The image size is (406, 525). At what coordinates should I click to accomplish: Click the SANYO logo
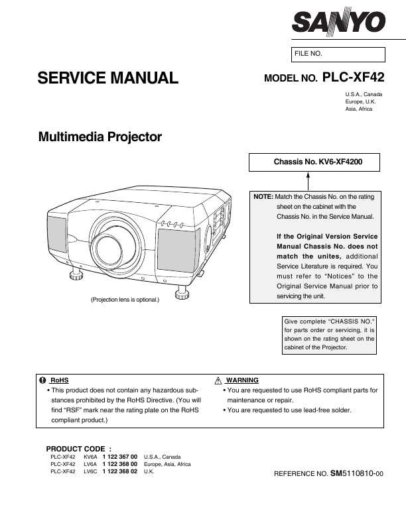338,21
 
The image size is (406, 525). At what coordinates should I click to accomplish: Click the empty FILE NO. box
338,54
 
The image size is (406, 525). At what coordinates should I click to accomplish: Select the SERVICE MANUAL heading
107,78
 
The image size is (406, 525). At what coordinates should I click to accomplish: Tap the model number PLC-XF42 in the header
353,77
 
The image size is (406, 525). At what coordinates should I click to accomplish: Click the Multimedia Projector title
100,137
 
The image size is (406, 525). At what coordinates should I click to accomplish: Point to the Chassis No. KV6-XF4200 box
314,162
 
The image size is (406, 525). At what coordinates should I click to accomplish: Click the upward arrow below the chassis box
308,181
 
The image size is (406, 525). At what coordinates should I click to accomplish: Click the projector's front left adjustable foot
76,274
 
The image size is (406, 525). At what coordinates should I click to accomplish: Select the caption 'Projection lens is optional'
125,300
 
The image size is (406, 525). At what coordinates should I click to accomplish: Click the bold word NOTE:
263,197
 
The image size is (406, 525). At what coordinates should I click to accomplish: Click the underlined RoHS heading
59,380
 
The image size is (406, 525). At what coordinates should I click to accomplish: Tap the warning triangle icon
218,380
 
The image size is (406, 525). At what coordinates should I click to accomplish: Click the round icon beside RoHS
42,380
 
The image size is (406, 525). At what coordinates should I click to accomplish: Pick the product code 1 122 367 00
120,457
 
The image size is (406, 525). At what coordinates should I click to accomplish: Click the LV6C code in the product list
90,471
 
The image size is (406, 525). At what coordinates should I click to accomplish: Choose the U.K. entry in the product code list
149,471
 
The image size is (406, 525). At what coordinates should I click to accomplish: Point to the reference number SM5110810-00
357,473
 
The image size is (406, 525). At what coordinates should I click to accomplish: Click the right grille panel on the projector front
178,251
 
